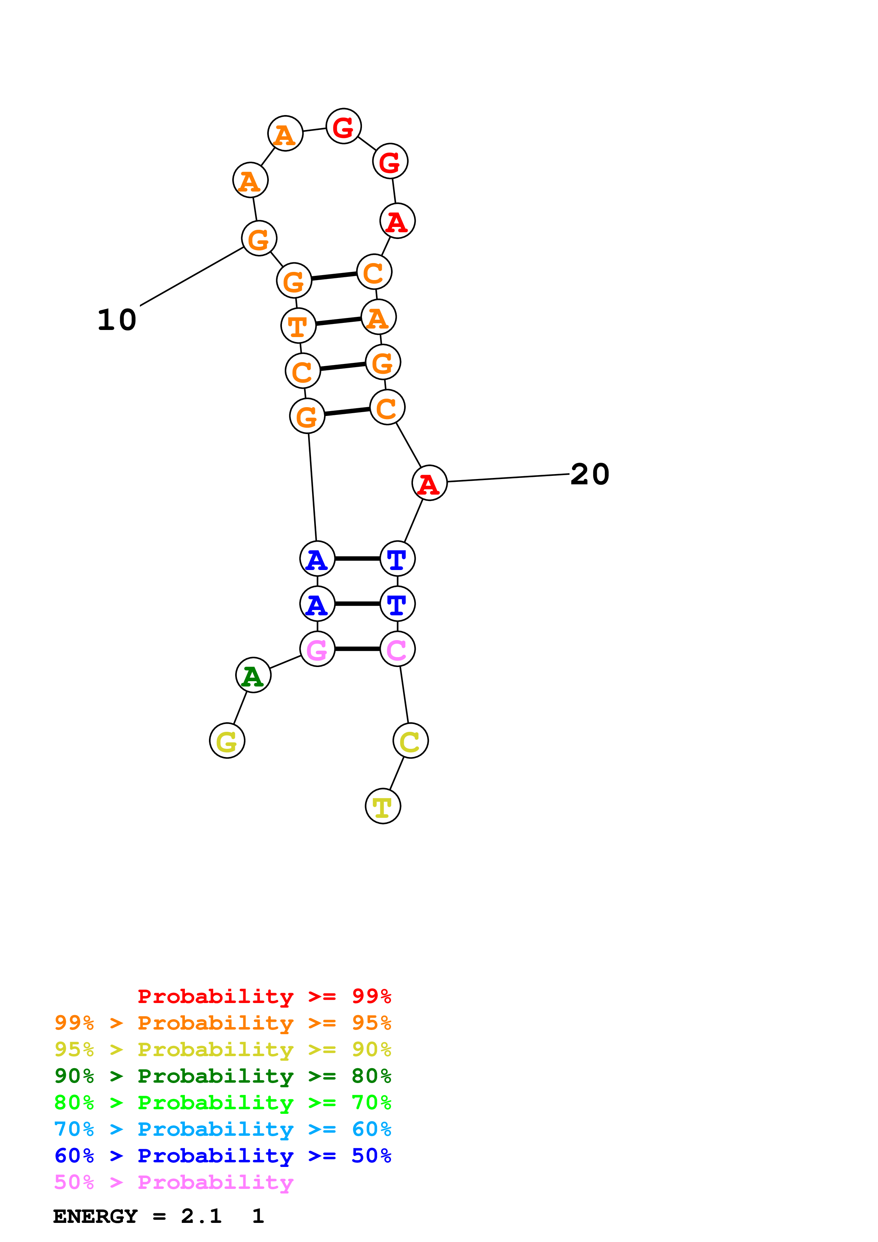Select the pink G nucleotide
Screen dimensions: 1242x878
click(x=317, y=649)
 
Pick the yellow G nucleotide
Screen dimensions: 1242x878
click(x=227, y=741)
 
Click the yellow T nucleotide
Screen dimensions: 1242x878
click(x=383, y=806)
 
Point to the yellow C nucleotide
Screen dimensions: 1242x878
click(x=410, y=741)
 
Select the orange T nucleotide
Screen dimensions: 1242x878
click(x=298, y=326)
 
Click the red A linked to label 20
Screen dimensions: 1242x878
click(x=430, y=483)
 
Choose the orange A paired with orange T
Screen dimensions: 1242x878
click(x=378, y=317)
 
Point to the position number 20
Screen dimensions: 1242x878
click(x=590, y=474)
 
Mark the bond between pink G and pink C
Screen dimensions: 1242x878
click(x=357, y=649)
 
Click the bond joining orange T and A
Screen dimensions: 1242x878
click(x=338, y=321)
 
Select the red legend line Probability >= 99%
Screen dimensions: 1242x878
click(x=264, y=996)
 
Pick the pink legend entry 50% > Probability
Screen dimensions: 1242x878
click(x=174, y=1183)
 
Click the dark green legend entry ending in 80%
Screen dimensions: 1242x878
click(x=223, y=1076)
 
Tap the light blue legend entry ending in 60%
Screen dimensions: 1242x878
click(x=223, y=1129)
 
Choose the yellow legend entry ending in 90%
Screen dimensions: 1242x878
click(x=223, y=1049)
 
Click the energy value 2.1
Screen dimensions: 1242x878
click(x=201, y=1216)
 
